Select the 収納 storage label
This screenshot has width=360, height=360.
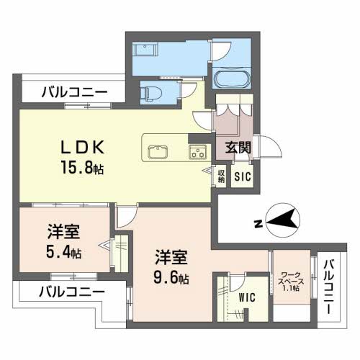coord(220,176)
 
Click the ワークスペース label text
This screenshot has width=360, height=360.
coord(290,278)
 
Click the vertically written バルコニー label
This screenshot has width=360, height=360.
coord(328,287)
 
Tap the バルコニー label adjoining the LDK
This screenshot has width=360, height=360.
coord(73,92)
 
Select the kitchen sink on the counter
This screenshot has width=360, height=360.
coord(158,152)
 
